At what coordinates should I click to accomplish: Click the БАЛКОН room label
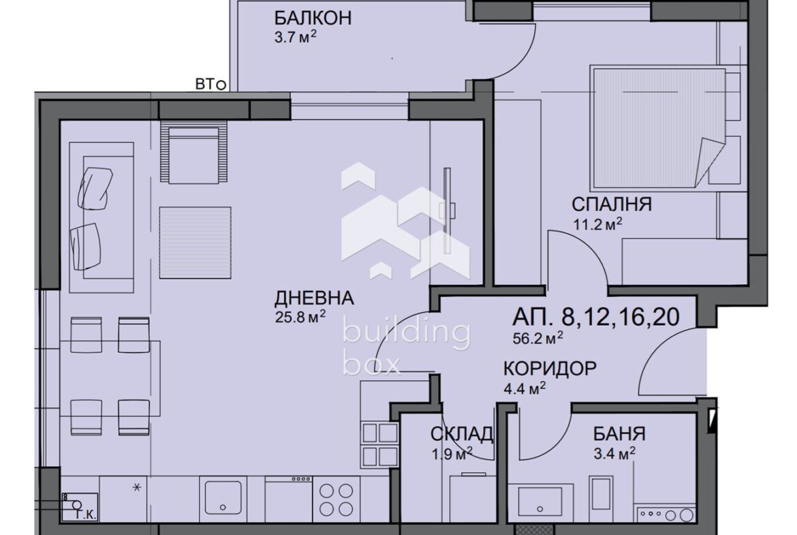click(313, 18)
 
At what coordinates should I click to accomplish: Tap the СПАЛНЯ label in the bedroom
click(612, 204)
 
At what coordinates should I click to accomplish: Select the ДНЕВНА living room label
click(314, 298)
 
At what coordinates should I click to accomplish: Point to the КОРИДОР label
click(550, 368)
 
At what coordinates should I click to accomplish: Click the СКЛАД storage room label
click(462, 434)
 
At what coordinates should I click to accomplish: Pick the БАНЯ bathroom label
click(619, 434)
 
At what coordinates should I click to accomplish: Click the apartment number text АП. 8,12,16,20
click(596, 317)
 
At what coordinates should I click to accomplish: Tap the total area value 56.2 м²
click(537, 338)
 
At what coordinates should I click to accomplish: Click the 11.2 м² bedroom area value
click(598, 224)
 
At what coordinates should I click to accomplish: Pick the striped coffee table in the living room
click(196, 243)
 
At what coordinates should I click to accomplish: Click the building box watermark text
click(406, 348)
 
